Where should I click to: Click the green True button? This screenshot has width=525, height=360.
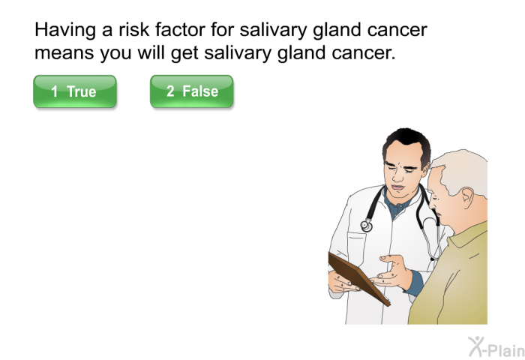point(75,91)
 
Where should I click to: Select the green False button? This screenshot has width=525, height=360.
point(191,91)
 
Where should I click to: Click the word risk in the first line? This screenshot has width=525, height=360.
point(133,30)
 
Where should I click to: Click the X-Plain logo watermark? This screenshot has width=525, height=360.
point(496,347)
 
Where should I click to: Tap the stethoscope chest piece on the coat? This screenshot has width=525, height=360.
point(367,226)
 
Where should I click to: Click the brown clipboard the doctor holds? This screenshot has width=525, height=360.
point(358,278)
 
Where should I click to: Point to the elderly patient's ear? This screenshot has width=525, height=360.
point(468,199)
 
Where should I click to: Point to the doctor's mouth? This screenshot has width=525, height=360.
point(398,187)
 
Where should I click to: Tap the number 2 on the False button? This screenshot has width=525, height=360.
point(170,91)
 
